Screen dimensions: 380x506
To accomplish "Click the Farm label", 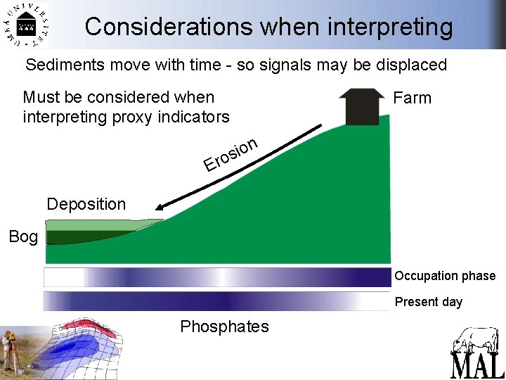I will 412,98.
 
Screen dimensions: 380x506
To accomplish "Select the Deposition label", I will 86,204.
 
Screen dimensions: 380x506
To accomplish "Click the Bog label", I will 23,237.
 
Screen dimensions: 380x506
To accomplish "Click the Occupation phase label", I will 444,276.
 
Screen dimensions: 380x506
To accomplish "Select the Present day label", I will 428,302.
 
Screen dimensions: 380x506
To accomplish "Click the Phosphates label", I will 224,327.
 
